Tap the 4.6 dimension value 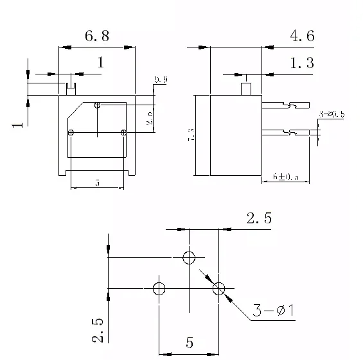point(301,36)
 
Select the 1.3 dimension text point(301,63)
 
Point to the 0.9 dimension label point(161,80)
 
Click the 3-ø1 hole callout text point(272,311)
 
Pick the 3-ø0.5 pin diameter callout point(332,114)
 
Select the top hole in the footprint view point(189,258)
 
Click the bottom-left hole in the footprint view point(159,288)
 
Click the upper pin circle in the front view point(97,105)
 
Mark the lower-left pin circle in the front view point(71,132)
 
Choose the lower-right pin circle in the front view point(124,132)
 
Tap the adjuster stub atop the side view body point(245,89)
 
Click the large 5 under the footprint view point(190,342)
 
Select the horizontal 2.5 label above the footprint point(259,218)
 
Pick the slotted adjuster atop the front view point(71,85)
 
